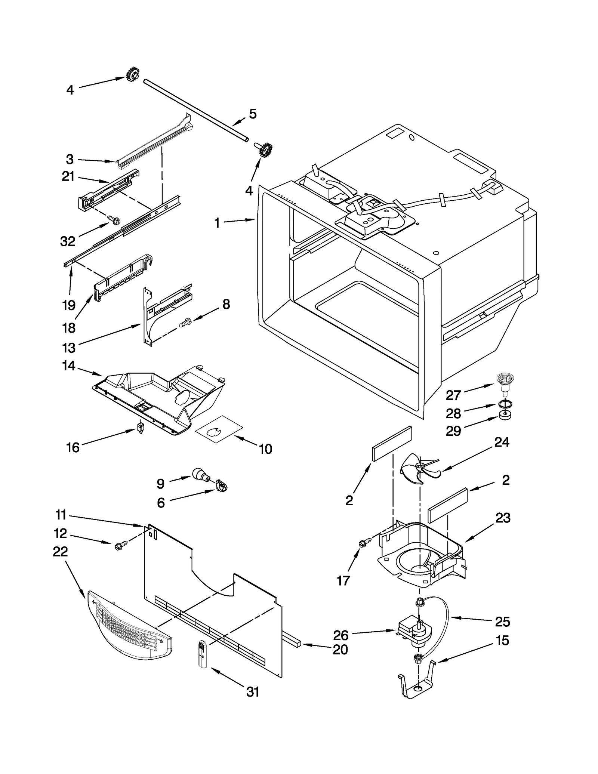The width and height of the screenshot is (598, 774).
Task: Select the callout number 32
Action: point(68,241)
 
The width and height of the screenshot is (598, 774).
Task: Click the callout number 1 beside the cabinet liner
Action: point(217,223)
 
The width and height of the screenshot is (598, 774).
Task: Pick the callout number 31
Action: point(253,692)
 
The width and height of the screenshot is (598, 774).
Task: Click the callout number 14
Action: point(69,366)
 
